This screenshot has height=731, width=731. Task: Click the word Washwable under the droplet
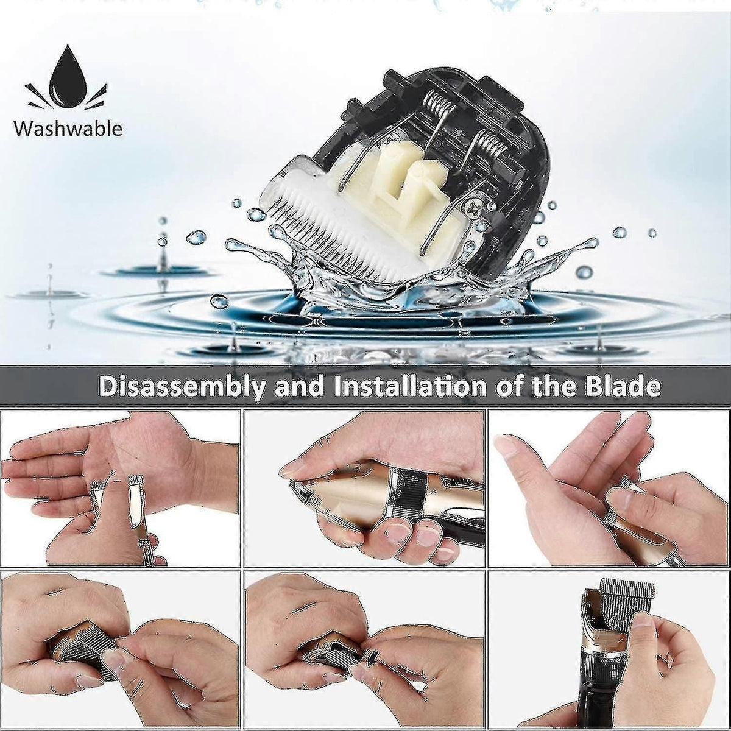pyautogui.click(x=68, y=129)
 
